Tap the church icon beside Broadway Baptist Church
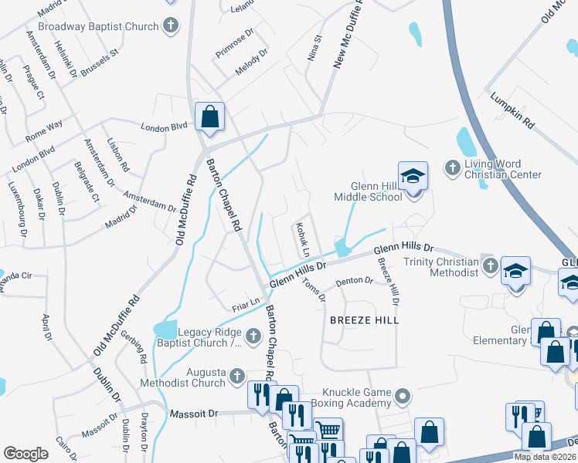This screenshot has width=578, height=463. coord(172,26)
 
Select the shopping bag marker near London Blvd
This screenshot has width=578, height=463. coord(209,117)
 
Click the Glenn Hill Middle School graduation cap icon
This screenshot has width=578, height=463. coord(413,176)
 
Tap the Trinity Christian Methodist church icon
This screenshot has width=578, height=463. coord(489,267)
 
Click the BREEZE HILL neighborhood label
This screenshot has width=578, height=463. coord(364,319)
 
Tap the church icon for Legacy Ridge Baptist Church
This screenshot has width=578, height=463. coord(253,336)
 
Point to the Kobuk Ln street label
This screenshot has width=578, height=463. coord(301,241)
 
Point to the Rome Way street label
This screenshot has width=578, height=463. coord(44,132)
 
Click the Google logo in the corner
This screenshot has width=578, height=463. coord(26,454)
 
